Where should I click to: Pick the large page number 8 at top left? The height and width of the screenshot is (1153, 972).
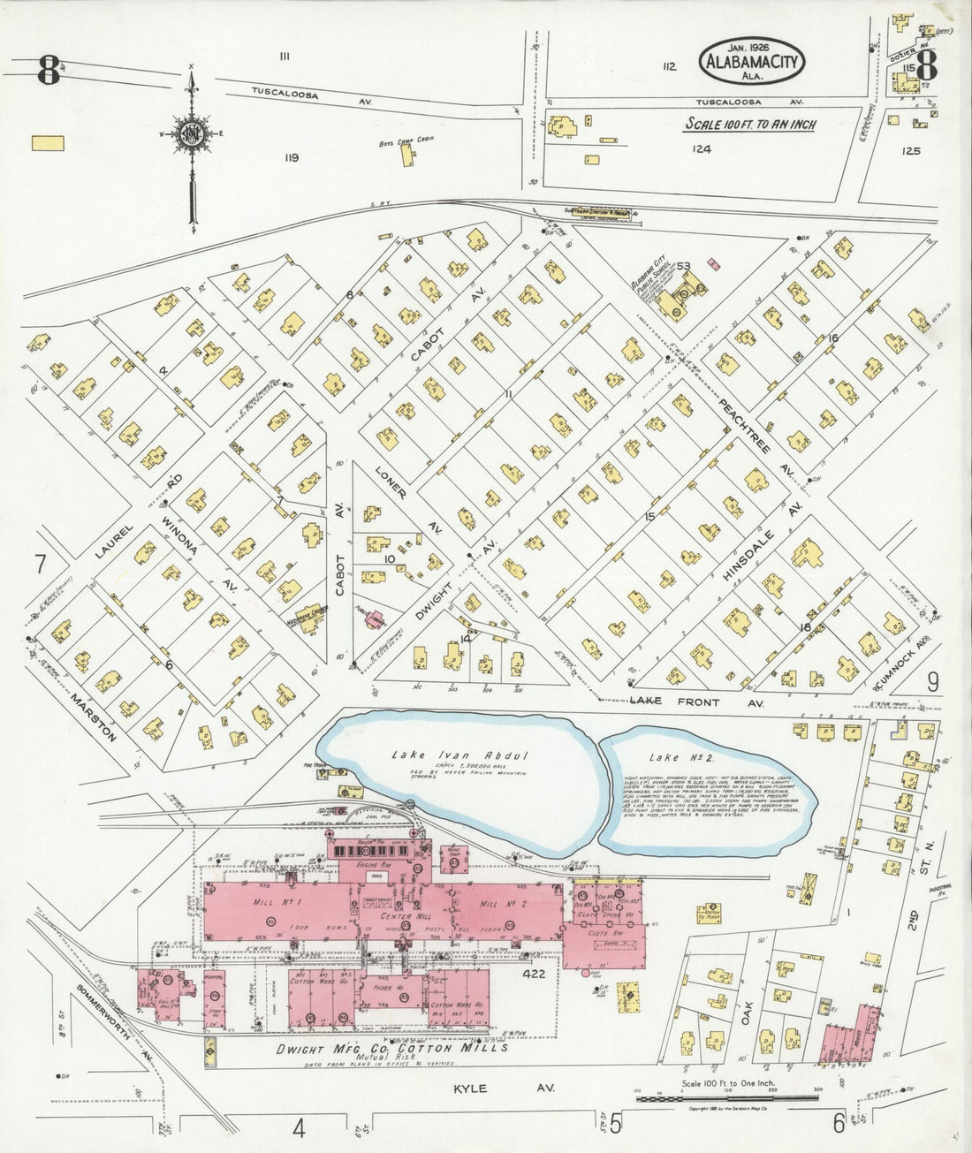pyautogui.click(x=49, y=70)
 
